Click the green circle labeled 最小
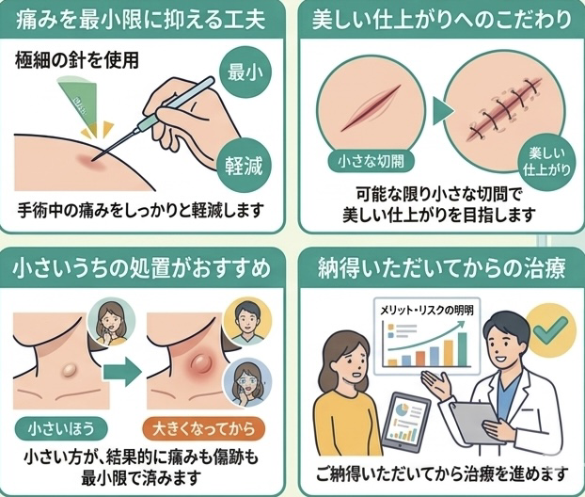(x=245, y=72)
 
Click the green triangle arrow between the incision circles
(x=442, y=111)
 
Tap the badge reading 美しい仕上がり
(x=546, y=162)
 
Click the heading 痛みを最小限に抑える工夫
(x=141, y=20)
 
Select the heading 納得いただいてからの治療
(x=442, y=268)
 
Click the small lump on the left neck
(x=69, y=370)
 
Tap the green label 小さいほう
(x=61, y=428)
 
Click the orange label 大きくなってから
(x=204, y=428)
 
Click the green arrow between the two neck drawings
(x=122, y=371)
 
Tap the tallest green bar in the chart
(x=462, y=349)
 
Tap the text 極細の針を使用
(x=77, y=60)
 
